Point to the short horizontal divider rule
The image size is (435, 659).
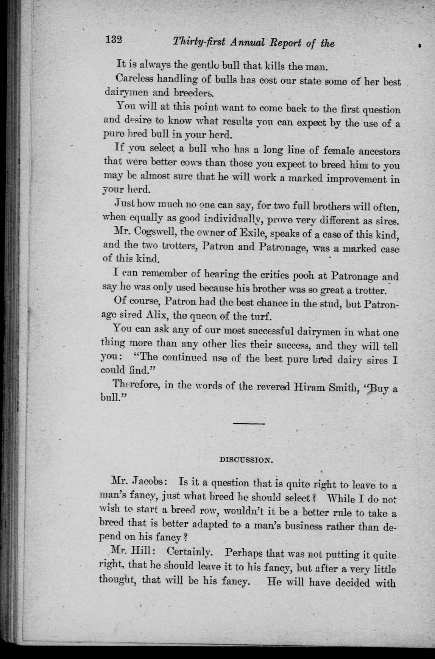[x=249, y=423]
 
